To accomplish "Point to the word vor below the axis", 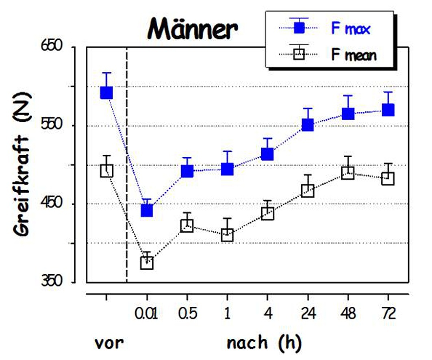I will pos(109,344).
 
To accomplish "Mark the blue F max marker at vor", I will pos(106,93).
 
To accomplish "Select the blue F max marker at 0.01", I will pos(147,210).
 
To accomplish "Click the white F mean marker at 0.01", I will pos(147,263).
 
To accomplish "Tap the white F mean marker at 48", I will pos(347,173).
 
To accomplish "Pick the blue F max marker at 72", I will pos(388,110).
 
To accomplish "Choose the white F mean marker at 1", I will pos(227,235).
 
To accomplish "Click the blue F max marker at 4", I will pos(267,154).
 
